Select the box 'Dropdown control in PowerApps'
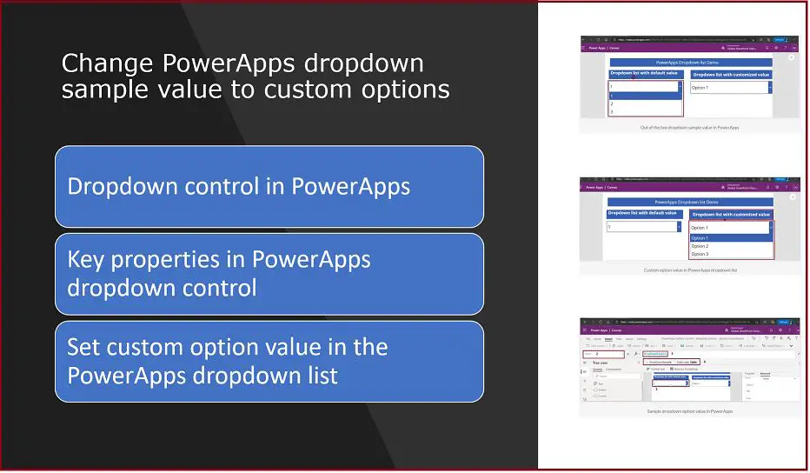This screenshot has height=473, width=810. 269,186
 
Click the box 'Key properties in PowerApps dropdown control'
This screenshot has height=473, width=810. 269,273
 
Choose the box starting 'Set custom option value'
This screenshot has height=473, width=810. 269,361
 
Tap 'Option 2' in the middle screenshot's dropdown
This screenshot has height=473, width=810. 700,246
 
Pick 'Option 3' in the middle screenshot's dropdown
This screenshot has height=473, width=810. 700,254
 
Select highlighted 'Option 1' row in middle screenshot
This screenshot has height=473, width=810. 700,237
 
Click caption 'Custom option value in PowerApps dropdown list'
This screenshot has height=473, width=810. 690,270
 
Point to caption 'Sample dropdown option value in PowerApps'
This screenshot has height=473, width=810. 690,411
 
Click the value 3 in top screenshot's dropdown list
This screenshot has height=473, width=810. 612,111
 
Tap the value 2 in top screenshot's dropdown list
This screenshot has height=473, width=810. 612,103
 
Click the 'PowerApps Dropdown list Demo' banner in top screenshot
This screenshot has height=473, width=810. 691,63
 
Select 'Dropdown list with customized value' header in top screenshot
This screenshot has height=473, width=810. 731,75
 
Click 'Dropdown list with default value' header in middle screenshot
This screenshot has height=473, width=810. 644,213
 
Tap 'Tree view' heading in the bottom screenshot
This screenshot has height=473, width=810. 600,363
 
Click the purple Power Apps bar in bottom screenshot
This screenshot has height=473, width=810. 690,330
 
